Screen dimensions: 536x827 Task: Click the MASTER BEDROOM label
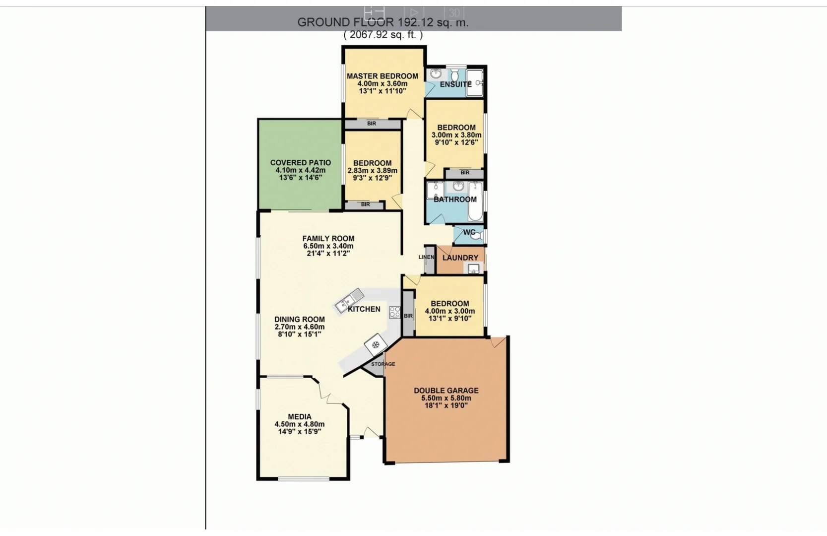point(382,76)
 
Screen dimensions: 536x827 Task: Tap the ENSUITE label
point(455,84)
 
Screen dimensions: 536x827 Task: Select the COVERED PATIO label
point(300,163)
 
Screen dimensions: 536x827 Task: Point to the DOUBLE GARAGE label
point(446,391)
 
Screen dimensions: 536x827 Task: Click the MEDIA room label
point(300,417)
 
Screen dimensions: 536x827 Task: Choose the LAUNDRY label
point(460,258)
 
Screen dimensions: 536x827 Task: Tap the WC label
point(469,232)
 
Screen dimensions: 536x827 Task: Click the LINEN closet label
point(426,257)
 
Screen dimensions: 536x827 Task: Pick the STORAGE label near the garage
point(383,364)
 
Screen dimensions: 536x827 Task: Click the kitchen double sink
point(349,300)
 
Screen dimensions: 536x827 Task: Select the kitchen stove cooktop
point(395,312)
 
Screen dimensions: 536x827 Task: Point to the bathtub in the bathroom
point(475,201)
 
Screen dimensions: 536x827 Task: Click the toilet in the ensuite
point(454,75)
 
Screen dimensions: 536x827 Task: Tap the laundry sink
point(473,269)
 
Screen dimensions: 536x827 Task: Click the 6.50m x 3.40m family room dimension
point(328,246)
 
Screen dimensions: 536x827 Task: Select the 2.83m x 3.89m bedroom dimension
point(373,171)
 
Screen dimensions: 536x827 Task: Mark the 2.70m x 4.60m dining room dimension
point(300,327)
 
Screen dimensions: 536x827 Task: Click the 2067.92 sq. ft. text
point(383,35)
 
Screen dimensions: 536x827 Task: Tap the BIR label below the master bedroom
point(372,124)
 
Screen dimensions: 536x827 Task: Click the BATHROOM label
point(455,200)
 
